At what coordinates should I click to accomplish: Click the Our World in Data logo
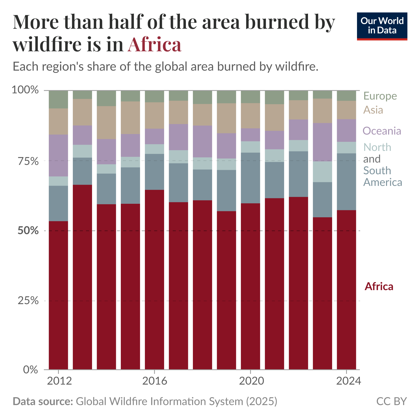click(x=382, y=26)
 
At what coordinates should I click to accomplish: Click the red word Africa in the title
click(x=154, y=44)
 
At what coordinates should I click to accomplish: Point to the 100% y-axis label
click(x=25, y=90)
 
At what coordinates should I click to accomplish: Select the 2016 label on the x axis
click(x=155, y=381)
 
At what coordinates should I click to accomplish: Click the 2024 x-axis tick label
click(x=348, y=381)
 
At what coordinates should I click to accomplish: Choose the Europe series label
click(x=380, y=96)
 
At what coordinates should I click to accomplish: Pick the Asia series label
click(x=373, y=110)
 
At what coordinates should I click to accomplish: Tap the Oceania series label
click(x=382, y=131)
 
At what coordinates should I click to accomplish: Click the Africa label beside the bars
click(x=379, y=286)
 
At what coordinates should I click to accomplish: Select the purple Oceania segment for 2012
click(x=59, y=155)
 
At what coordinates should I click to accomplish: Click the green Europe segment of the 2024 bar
click(x=346, y=95)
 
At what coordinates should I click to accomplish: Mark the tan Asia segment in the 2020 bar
click(x=250, y=116)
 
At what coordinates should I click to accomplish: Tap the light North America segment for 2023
click(x=322, y=172)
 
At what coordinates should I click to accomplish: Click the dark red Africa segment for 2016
click(x=155, y=280)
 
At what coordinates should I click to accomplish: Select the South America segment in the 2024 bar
click(x=346, y=181)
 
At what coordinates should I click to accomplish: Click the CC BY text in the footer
click(x=391, y=401)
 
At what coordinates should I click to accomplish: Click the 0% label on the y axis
click(x=31, y=370)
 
